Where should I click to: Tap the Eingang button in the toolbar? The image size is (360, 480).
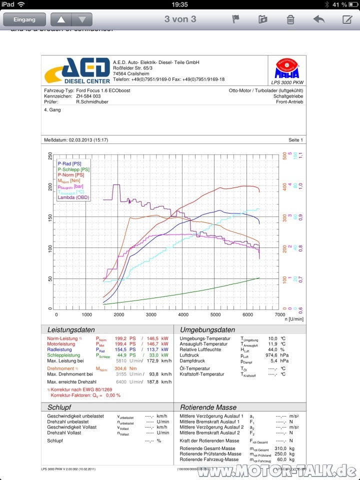(x=24, y=19)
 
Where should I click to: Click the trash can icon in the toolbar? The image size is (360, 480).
(x=290, y=19)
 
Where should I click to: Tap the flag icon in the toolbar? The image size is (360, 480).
(x=236, y=19)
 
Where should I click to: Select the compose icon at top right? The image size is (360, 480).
(x=347, y=19)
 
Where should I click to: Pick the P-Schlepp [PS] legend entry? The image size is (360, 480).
(x=73, y=169)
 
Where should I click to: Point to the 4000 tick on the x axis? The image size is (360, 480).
(x=183, y=315)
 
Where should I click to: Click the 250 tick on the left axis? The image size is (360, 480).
(x=50, y=156)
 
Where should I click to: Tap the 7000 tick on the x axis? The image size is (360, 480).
(x=279, y=315)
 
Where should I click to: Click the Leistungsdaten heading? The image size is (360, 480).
(x=70, y=330)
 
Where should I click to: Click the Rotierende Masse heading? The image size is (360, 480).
(x=208, y=407)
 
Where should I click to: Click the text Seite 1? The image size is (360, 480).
(x=295, y=140)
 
